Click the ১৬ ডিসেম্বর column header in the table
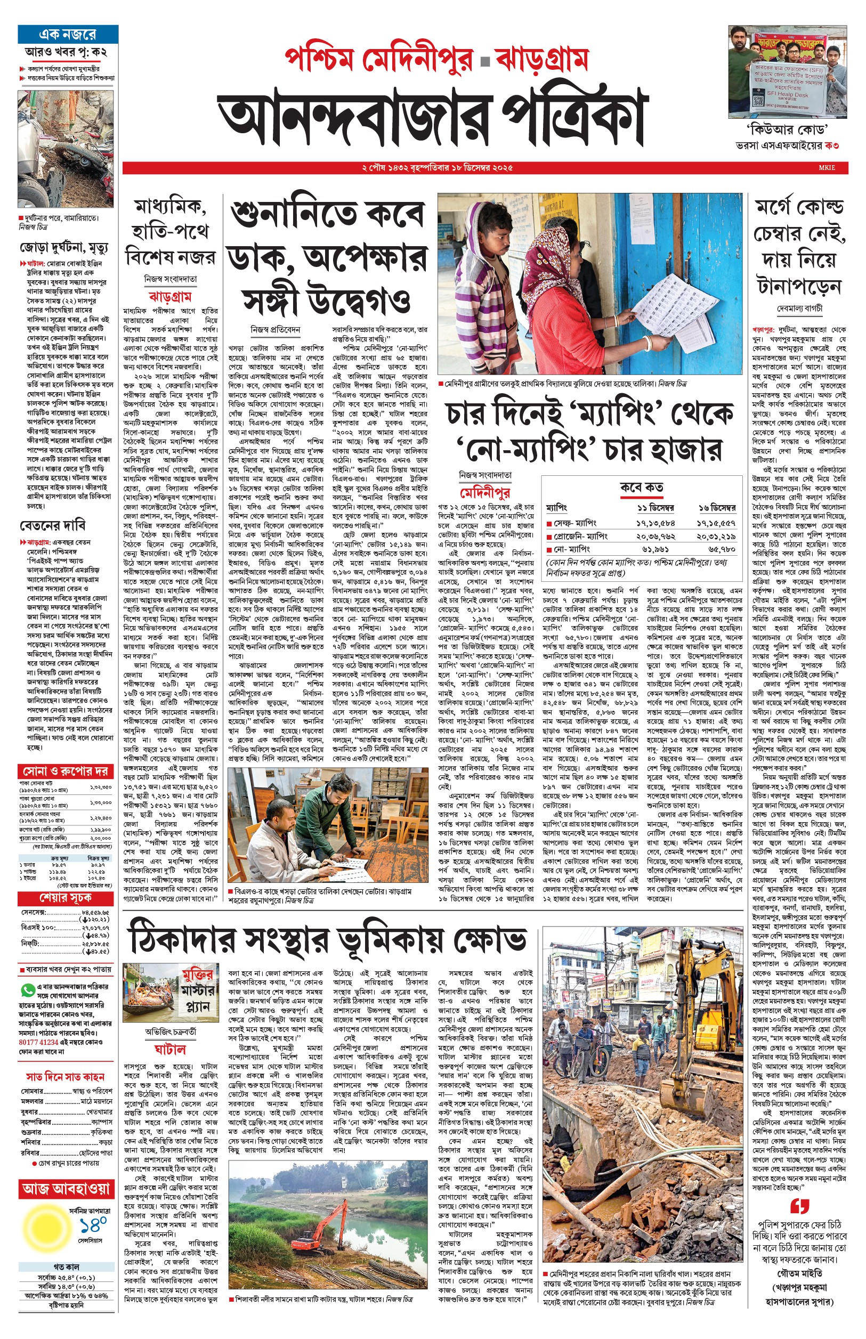(x=716, y=508)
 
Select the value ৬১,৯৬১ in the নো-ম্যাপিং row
(x=655, y=549)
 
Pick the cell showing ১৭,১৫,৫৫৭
(x=716, y=523)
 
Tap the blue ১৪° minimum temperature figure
(x=93, y=1226)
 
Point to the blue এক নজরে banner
(x=68, y=34)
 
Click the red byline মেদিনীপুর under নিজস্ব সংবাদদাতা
(x=485, y=493)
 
